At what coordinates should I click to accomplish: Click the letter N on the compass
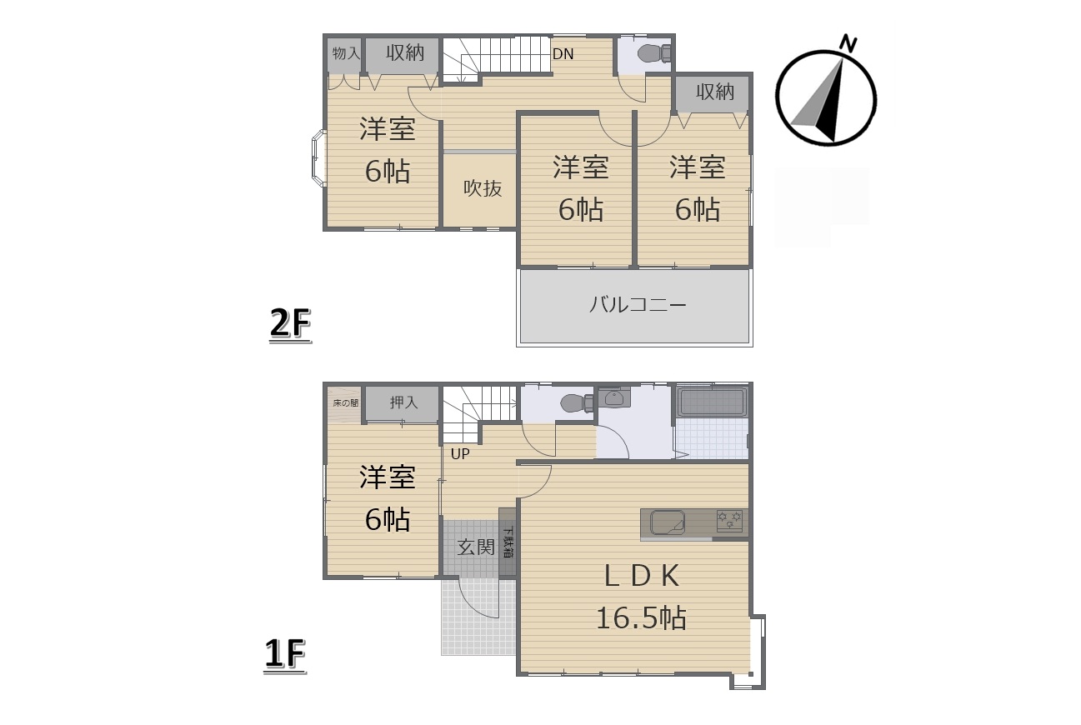(x=848, y=43)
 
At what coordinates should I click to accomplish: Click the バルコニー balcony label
(x=638, y=305)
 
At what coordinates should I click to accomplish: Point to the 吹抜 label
(x=483, y=188)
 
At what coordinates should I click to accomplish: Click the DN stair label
(x=563, y=54)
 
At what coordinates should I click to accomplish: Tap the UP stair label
(x=460, y=454)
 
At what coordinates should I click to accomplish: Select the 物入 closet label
(x=346, y=53)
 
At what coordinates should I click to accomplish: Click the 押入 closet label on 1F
(x=404, y=402)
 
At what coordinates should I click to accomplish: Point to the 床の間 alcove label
(x=346, y=402)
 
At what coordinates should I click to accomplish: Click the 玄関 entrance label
(x=476, y=547)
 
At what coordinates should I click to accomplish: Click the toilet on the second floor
(x=654, y=53)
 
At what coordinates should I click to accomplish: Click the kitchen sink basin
(x=668, y=523)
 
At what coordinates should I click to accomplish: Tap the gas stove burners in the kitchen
(x=729, y=521)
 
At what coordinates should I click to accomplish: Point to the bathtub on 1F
(x=712, y=402)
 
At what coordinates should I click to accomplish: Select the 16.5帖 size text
(x=642, y=617)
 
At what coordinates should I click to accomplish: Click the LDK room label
(x=642, y=576)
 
